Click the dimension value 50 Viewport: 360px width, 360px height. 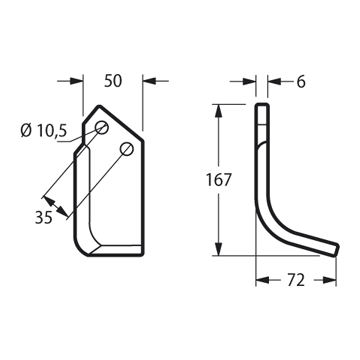[x=113, y=81]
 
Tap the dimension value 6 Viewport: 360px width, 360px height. [x=301, y=82]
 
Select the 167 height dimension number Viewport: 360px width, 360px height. [x=218, y=180]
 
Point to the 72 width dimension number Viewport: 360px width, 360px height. [x=296, y=281]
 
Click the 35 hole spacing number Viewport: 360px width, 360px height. [x=44, y=218]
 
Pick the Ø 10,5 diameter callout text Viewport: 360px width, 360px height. [x=44, y=131]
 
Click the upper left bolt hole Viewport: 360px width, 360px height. [x=102, y=127]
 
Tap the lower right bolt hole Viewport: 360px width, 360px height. [x=127, y=148]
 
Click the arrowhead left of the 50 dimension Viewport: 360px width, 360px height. [x=77, y=81]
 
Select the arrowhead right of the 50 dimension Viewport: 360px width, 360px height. [x=149, y=81]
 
